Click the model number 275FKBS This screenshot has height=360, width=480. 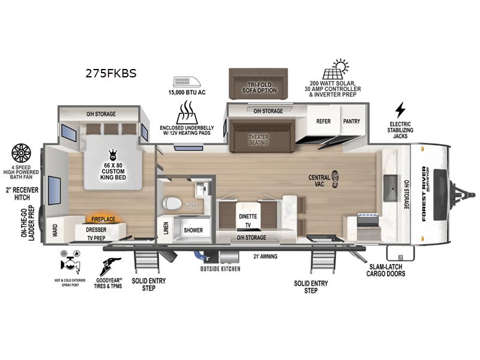112,74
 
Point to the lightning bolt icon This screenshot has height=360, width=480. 400,110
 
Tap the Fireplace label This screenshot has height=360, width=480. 103,220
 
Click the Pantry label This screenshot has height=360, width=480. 352,121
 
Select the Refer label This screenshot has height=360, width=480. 323,121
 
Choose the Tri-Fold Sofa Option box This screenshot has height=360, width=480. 259,85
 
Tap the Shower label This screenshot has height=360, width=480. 193,230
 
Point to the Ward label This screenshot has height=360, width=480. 55,229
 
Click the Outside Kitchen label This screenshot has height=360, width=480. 220,269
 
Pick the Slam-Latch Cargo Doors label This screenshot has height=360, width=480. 386,270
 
